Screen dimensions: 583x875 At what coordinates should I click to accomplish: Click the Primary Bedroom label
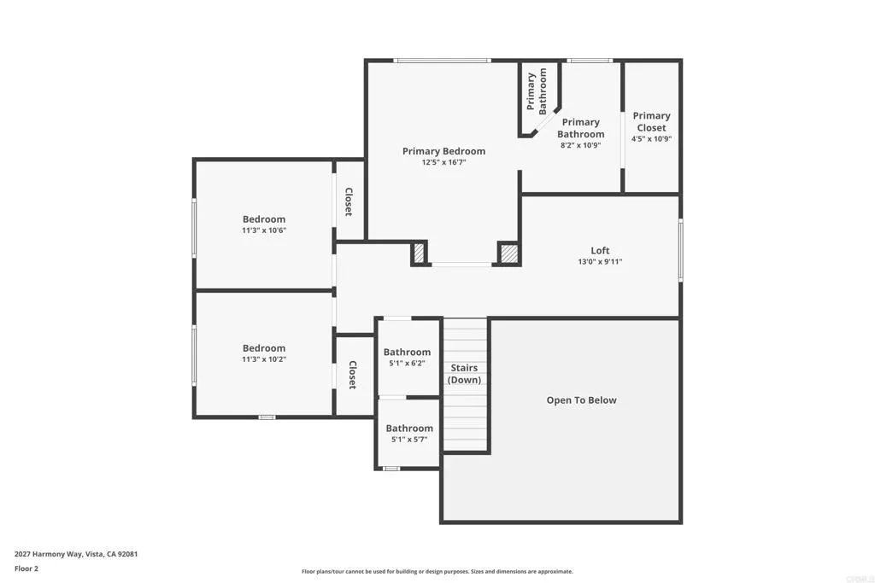pos(443,151)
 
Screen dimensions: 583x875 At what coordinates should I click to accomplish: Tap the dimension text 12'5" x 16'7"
pos(443,162)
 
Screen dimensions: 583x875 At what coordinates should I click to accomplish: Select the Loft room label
pos(600,250)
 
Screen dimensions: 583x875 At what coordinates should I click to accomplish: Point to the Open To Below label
pos(581,400)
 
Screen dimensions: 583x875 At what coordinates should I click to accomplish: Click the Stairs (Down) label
pos(465,374)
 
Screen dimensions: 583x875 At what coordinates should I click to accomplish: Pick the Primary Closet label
pos(651,121)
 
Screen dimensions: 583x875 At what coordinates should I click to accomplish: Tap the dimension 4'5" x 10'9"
pos(651,138)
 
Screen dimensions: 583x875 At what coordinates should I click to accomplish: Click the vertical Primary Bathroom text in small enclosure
pos(537,92)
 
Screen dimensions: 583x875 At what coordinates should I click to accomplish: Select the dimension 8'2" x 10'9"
pos(580,145)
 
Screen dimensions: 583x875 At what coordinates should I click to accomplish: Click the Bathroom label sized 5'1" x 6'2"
pos(407,352)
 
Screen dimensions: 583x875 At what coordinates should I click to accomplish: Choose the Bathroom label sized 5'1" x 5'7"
pos(408,429)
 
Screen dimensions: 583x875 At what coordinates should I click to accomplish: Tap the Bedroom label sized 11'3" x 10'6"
pos(263,219)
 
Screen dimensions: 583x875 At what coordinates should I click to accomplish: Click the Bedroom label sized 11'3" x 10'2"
pos(263,348)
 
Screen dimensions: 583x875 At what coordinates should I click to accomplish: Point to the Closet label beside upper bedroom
pos(349,201)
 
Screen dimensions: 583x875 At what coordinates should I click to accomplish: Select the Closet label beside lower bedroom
pos(352,375)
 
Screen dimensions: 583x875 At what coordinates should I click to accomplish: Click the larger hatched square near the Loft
pos(508,254)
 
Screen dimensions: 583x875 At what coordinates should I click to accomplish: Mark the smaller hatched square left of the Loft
pos(419,254)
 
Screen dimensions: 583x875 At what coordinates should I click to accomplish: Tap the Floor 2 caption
pos(26,568)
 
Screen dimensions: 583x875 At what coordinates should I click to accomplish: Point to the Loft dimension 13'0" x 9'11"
pos(600,262)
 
